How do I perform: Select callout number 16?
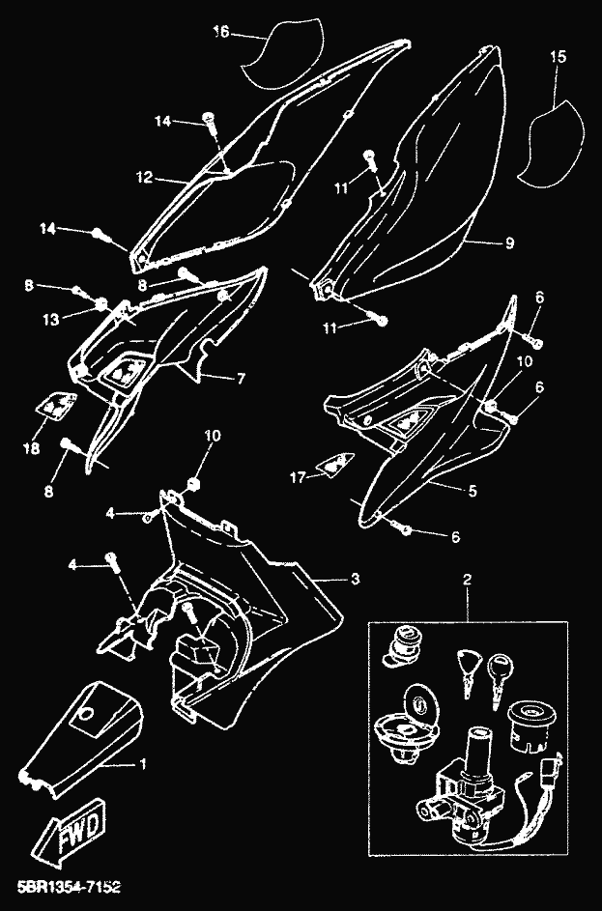(x=220, y=32)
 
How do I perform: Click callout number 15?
(x=558, y=57)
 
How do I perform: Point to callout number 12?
(x=144, y=178)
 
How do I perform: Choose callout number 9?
(x=508, y=243)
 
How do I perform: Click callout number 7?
(x=242, y=378)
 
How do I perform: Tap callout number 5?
(x=472, y=491)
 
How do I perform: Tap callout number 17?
(x=298, y=476)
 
